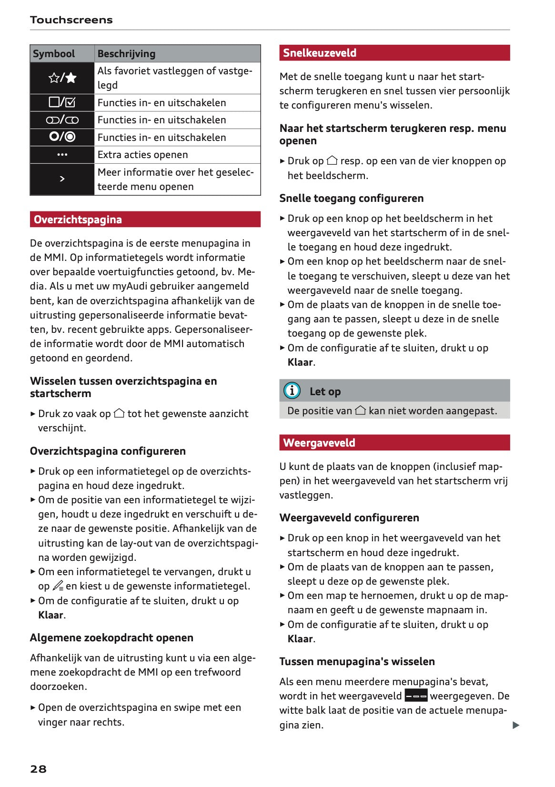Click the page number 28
tap(38, 768)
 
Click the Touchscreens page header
tap(71, 20)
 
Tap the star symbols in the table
tap(62, 78)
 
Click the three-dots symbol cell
tap(62, 155)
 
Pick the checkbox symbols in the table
tap(62, 102)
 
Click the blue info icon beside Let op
tap(292, 391)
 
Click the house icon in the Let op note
tap(361, 410)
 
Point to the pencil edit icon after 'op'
tap(58, 586)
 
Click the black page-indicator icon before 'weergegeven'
tap(416, 696)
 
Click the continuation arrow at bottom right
tap(515, 725)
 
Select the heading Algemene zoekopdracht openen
tap(111, 638)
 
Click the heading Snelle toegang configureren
tap(351, 198)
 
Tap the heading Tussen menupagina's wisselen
tap(357, 661)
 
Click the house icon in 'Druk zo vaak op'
tap(119, 413)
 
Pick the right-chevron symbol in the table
tap(62, 179)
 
